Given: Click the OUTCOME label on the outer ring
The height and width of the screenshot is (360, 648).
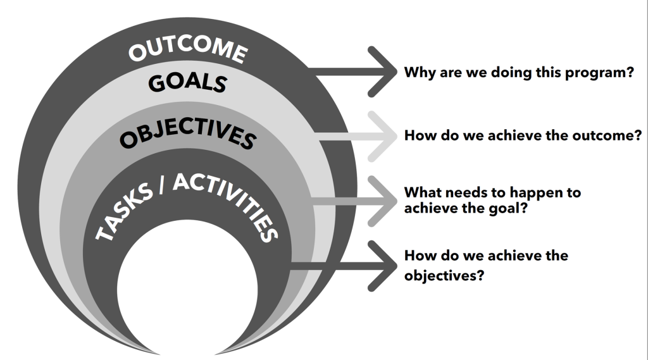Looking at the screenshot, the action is point(188,51).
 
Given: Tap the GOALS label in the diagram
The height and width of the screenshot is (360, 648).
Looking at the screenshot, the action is point(187,83).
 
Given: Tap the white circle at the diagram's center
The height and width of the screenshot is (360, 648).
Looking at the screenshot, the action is point(187,289).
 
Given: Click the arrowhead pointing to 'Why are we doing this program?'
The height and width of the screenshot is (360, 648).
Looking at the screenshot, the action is point(382,72).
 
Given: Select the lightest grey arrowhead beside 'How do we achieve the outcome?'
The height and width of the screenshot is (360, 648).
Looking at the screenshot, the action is point(382,137).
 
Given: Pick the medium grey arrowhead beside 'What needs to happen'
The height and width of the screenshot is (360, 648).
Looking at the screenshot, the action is point(382,201).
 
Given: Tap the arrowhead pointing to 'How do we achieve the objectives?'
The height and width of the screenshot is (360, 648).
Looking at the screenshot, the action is point(382,266).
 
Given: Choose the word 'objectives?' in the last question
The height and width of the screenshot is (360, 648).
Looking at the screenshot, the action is point(444,276).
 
